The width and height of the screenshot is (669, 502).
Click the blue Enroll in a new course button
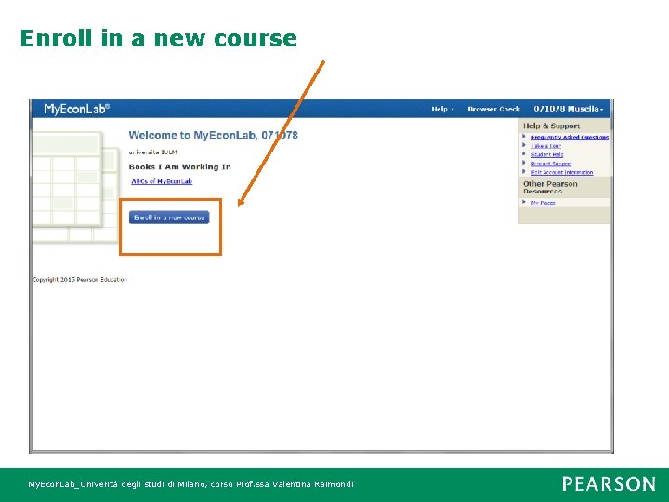pyautogui.click(x=169, y=218)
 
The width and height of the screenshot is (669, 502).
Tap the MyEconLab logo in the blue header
pyautogui.click(x=77, y=109)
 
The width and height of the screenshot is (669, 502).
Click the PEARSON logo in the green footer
pyautogui.click(x=608, y=484)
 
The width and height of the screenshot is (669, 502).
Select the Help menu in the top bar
pyautogui.click(x=441, y=110)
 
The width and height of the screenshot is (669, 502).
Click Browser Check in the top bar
pyautogui.click(x=493, y=110)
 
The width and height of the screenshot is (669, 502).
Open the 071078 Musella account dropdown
pyautogui.click(x=569, y=110)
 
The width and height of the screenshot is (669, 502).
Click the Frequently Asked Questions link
pyautogui.click(x=570, y=138)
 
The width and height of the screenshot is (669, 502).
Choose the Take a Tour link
pyautogui.click(x=546, y=146)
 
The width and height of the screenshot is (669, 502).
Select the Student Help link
pyautogui.click(x=547, y=155)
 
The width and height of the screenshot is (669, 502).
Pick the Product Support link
pyautogui.click(x=551, y=164)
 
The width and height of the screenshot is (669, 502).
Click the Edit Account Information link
pyautogui.click(x=562, y=172)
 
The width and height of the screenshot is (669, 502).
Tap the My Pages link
pyautogui.click(x=543, y=203)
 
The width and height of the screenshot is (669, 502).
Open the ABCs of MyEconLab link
pyautogui.click(x=162, y=181)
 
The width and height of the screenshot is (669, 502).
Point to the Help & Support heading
pyautogui.click(x=551, y=126)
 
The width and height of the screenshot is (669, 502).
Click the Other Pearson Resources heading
pyautogui.click(x=550, y=187)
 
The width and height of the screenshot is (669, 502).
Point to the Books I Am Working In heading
pyautogui.click(x=179, y=167)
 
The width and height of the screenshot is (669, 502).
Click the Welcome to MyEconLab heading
pyautogui.click(x=213, y=136)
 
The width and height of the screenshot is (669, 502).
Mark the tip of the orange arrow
pyautogui.click(x=239, y=205)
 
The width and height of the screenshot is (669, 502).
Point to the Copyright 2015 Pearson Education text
pyautogui.click(x=79, y=279)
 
